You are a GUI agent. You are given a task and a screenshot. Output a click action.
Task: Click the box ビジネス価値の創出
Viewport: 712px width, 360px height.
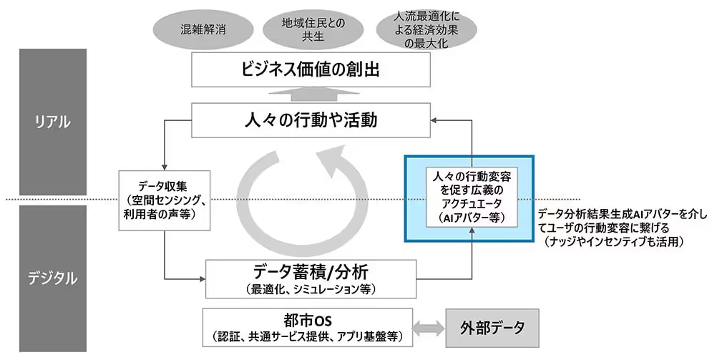click(x=311, y=71)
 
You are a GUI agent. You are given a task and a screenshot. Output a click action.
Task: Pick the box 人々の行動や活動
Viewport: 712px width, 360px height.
click(x=311, y=120)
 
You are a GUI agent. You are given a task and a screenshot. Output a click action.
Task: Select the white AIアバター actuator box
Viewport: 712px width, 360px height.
click(x=469, y=197)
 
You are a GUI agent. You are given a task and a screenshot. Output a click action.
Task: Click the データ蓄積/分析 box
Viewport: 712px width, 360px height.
click(x=311, y=278)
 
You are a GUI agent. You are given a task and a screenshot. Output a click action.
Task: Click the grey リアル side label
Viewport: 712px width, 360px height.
click(x=53, y=122)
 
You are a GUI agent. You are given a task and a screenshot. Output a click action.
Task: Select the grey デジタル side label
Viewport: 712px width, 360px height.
click(x=53, y=278)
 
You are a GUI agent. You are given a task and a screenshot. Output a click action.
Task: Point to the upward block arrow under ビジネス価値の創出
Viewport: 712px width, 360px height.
click(x=311, y=95)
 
